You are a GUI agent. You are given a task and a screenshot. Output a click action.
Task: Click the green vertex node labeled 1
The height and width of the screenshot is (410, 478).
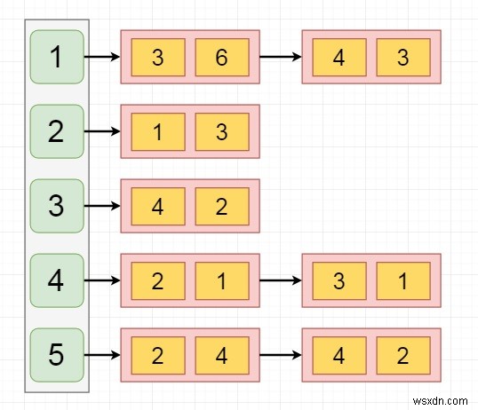[57, 58]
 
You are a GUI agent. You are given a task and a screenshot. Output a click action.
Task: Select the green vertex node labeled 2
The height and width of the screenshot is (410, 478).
[57, 132]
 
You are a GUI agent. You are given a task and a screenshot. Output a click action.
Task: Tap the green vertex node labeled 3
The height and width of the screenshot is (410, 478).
[57, 206]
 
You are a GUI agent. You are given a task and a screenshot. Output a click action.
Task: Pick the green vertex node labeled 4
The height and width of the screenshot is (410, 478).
[57, 280]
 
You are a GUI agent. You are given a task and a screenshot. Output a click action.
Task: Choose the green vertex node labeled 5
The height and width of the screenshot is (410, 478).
[57, 355]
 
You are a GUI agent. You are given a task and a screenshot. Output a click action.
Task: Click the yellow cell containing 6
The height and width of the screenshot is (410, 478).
[221, 58]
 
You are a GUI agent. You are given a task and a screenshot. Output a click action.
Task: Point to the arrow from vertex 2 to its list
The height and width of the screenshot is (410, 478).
[102, 132]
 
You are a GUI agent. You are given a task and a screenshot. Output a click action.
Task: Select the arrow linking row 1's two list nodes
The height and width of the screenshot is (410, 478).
[280, 58]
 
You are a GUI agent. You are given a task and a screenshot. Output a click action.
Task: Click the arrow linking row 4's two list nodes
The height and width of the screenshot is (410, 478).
[280, 280]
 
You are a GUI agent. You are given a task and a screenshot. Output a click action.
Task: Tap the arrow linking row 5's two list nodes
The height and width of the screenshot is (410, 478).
[280, 355]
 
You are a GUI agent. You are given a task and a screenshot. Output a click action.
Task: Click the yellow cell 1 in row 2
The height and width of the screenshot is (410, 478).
[157, 132]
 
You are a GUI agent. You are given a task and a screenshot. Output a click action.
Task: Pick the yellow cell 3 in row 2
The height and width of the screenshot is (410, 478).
[221, 132]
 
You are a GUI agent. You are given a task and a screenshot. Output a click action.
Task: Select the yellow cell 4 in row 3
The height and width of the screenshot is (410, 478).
[157, 206]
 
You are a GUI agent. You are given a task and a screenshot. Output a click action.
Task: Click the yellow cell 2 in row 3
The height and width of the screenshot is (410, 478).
[221, 206]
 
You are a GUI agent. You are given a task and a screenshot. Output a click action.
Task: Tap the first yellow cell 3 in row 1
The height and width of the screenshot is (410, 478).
[157, 58]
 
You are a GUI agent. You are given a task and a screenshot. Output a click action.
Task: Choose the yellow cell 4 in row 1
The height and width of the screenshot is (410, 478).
[339, 58]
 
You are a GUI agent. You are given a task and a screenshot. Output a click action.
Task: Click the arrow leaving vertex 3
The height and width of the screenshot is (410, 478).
[102, 206]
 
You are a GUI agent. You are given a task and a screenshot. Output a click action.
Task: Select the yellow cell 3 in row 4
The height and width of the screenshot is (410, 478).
[339, 280]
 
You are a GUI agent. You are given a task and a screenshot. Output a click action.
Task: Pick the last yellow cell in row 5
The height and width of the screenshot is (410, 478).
[402, 355]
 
